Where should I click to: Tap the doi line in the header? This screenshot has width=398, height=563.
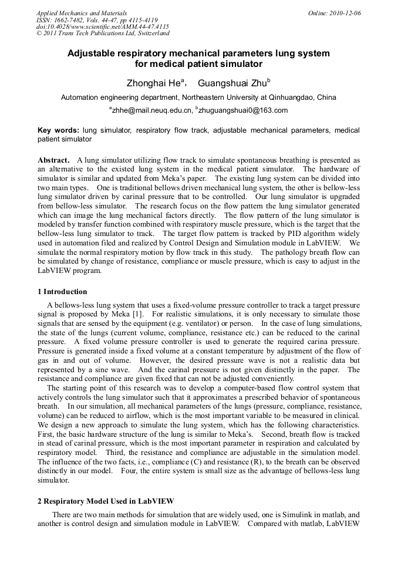103,27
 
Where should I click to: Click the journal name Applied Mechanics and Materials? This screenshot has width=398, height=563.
81,13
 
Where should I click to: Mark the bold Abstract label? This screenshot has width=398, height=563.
53,160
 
